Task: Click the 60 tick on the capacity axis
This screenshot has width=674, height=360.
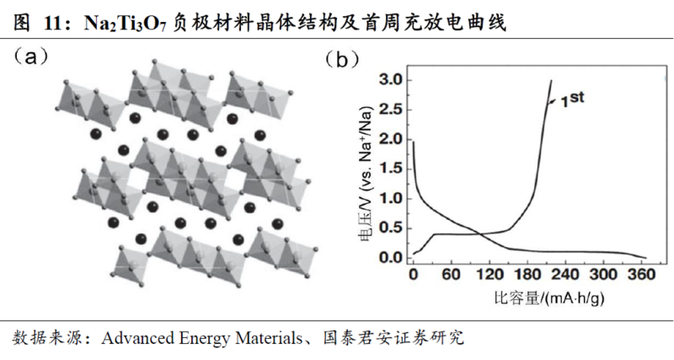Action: point(452,274)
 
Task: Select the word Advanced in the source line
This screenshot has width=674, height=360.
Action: point(139,339)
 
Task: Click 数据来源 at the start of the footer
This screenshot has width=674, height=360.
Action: point(40,339)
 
